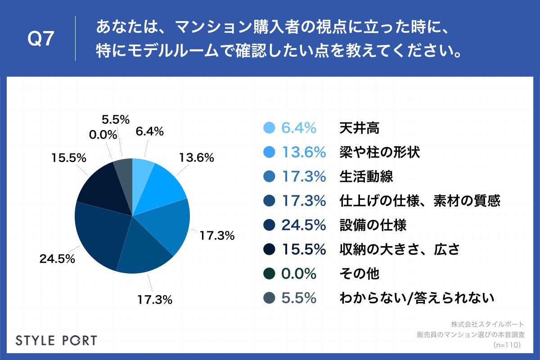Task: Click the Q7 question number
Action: click(41, 40)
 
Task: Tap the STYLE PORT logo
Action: click(56, 340)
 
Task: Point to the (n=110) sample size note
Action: click(507, 345)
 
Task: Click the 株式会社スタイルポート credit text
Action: click(487, 324)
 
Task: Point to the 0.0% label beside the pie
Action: click(103, 135)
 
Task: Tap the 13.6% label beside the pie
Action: click(196, 158)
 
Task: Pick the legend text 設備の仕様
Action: click(373, 225)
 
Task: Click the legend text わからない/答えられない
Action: click(417, 297)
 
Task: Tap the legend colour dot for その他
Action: click(269, 274)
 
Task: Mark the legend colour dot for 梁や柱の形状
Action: click(269, 153)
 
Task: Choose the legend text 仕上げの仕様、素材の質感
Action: click(419, 201)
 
